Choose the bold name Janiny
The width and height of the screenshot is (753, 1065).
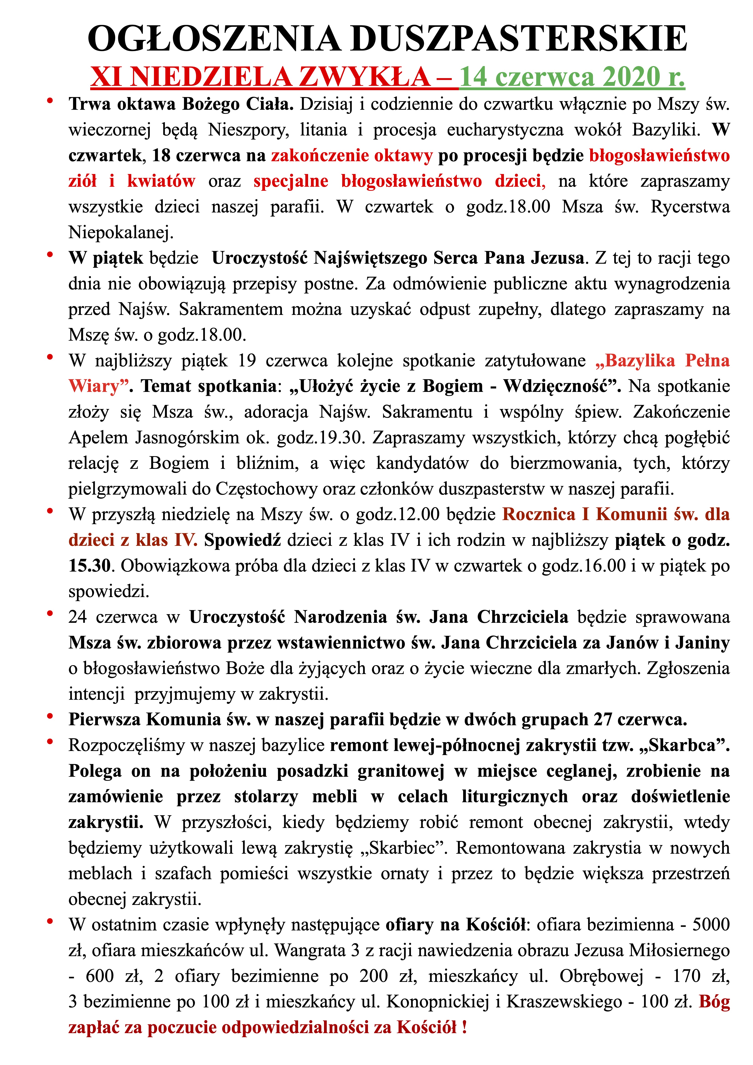[x=702, y=643]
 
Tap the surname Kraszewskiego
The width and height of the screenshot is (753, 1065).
[x=564, y=1002]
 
